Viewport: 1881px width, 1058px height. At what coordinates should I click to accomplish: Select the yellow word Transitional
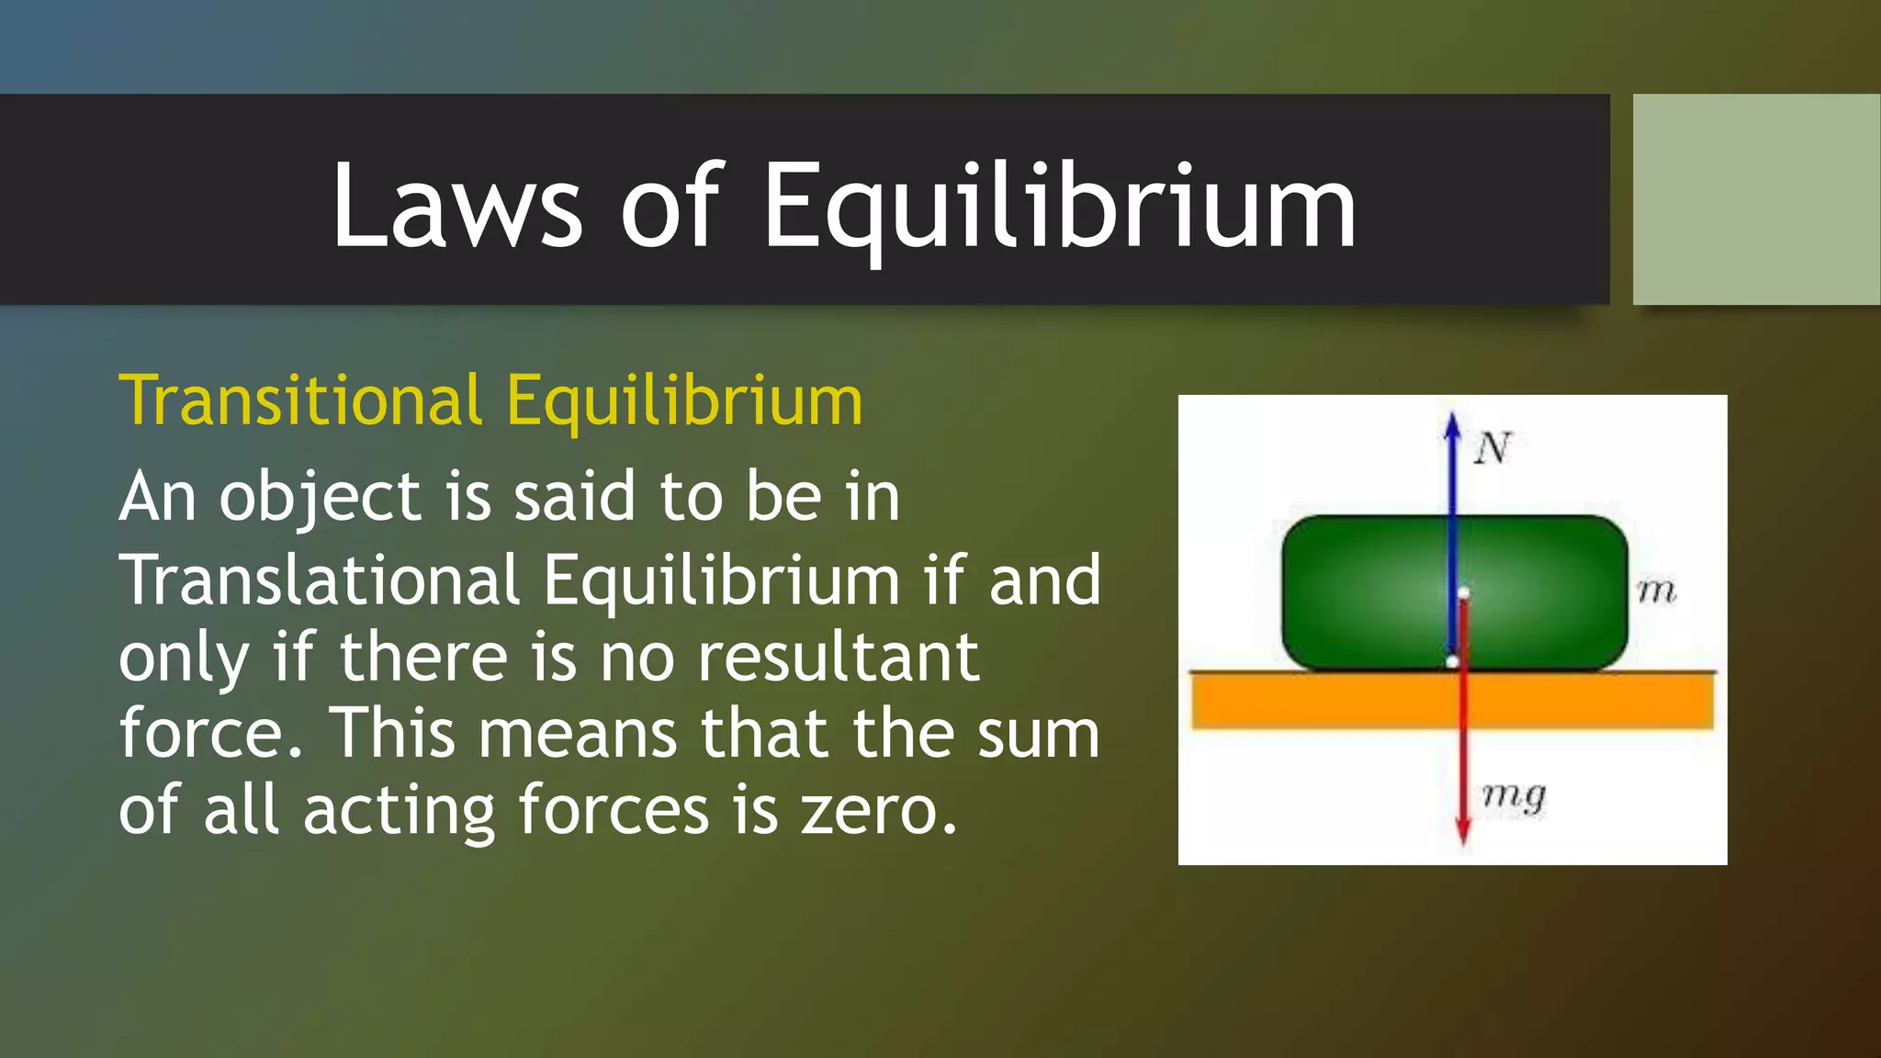pyautogui.click(x=300, y=401)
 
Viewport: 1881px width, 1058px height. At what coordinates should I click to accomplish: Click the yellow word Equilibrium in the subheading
pyautogui.click(x=684, y=401)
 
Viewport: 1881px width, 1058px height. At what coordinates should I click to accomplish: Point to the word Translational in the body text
pyautogui.click(x=321, y=580)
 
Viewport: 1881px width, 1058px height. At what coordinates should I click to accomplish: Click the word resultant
pyautogui.click(x=838, y=658)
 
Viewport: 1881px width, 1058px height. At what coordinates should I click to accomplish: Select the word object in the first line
pyautogui.click(x=320, y=498)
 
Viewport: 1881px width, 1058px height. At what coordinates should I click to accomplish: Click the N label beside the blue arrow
pyautogui.click(x=1492, y=449)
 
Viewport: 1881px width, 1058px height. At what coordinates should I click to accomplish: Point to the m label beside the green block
pyautogui.click(x=1656, y=591)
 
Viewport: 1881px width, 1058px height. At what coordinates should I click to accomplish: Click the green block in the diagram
pyautogui.click(x=1359, y=592)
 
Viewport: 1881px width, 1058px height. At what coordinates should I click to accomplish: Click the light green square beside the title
pyautogui.click(x=1756, y=199)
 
